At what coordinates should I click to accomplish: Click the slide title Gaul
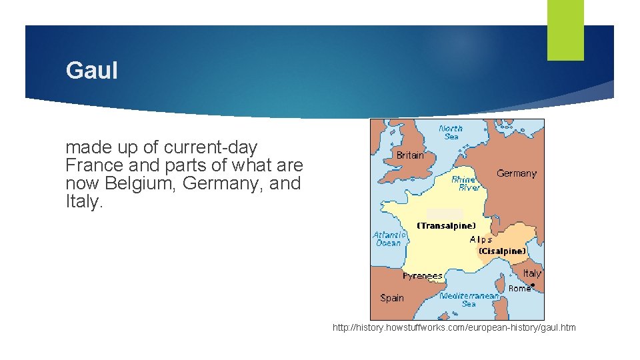(91, 71)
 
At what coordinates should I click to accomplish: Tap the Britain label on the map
(409, 155)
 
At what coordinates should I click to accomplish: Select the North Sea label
(451, 132)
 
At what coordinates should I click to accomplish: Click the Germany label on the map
(516, 173)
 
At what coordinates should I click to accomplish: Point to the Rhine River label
(465, 184)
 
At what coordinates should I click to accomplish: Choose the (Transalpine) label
(447, 226)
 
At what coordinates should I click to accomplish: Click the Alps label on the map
(481, 239)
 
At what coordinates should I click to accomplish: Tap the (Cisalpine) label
(502, 251)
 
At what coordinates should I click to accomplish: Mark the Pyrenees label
(423, 276)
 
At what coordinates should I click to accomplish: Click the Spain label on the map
(392, 298)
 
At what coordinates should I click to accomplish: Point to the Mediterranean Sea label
(469, 299)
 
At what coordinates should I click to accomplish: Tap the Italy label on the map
(532, 273)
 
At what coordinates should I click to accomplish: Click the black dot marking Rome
(533, 285)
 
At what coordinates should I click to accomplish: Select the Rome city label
(519, 289)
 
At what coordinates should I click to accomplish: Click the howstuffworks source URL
(454, 327)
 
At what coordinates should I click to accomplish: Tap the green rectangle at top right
(565, 30)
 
